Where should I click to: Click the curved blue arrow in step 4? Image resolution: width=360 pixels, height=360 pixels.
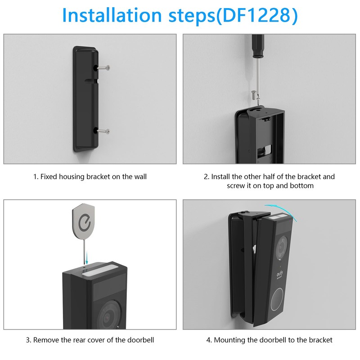pos(282,207)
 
